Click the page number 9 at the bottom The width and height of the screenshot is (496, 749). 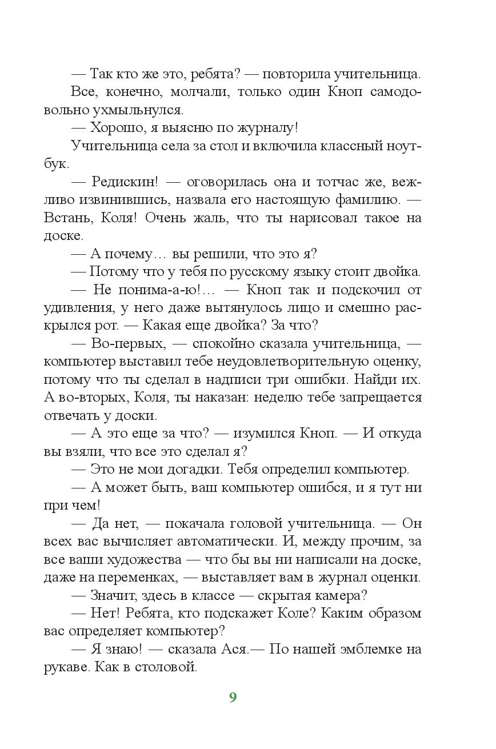point(233,697)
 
